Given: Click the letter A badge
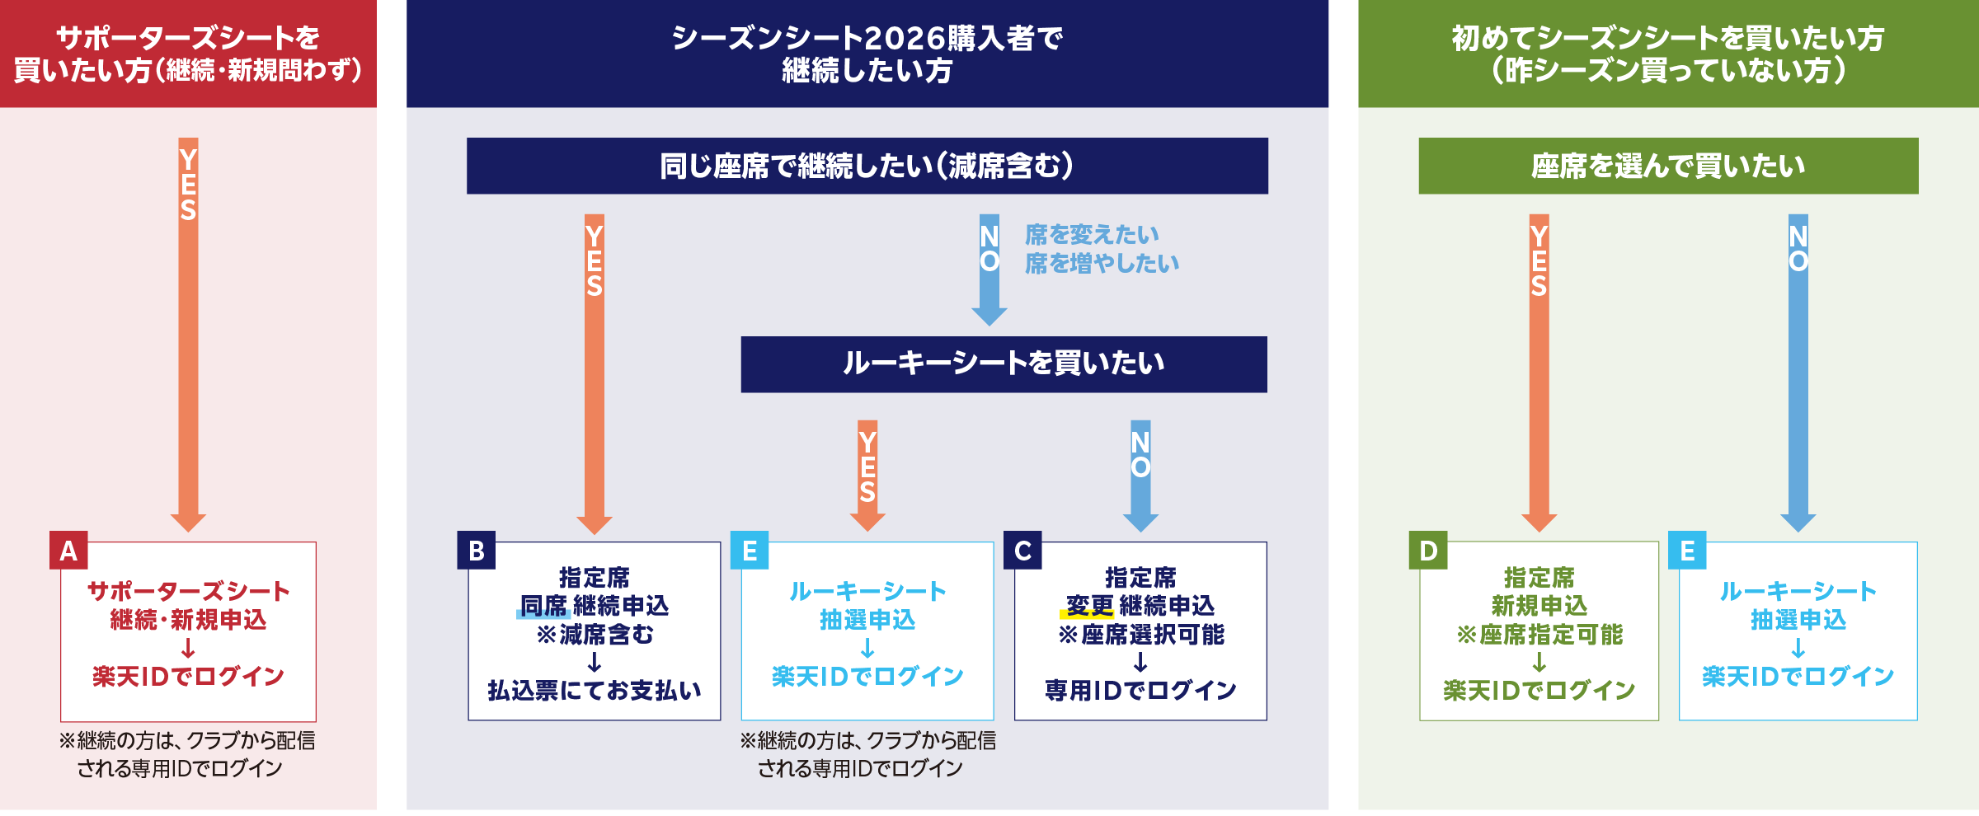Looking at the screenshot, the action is [x=68, y=550].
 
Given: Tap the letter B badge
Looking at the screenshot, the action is [x=477, y=550].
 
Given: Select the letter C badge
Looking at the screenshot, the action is [x=1022, y=550].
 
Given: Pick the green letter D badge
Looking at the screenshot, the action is [x=1428, y=550].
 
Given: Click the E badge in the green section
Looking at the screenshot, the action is [x=1687, y=550].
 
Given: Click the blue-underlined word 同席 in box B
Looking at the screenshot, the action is [x=543, y=606].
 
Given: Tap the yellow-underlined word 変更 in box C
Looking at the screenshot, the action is [x=1089, y=606].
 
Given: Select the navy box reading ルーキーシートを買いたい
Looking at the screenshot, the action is [x=1004, y=364].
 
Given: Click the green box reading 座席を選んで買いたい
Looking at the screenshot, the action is [x=1668, y=166].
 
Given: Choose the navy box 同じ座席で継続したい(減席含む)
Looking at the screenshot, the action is [x=867, y=166].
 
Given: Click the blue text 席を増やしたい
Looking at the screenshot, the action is [x=1102, y=263].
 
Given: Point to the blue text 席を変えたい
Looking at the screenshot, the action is [x=1092, y=235].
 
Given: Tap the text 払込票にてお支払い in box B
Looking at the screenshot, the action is [x=595, y=690].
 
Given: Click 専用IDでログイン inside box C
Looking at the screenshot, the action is [x=1140, y=690].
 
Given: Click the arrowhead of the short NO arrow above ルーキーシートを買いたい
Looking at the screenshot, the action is [x=989, y=317].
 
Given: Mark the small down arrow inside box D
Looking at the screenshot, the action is [x=1539, y=662].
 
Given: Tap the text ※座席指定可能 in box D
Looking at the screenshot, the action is [x=1539, y=635].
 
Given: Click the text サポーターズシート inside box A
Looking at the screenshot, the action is [x=188, y=591].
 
